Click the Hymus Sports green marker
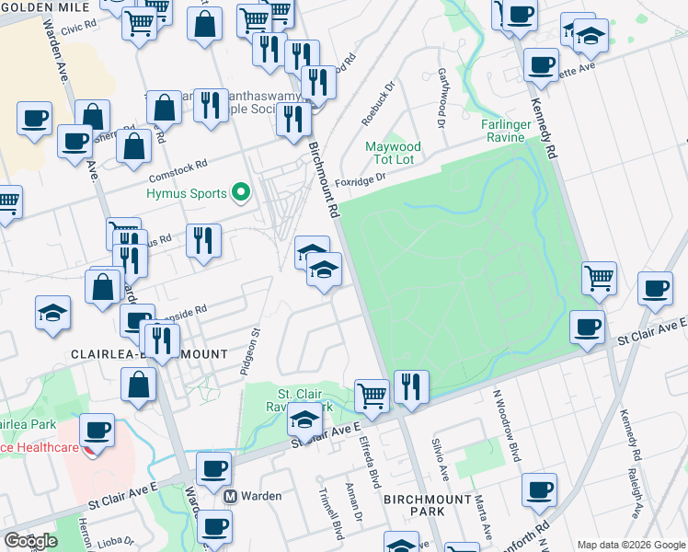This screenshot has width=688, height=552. (241, 193)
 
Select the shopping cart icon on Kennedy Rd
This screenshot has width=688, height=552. (599, 276)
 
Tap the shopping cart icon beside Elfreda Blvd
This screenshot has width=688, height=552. (372, 395)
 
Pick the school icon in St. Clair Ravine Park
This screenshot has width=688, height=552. (303, 420)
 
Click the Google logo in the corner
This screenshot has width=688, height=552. (30, 541)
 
